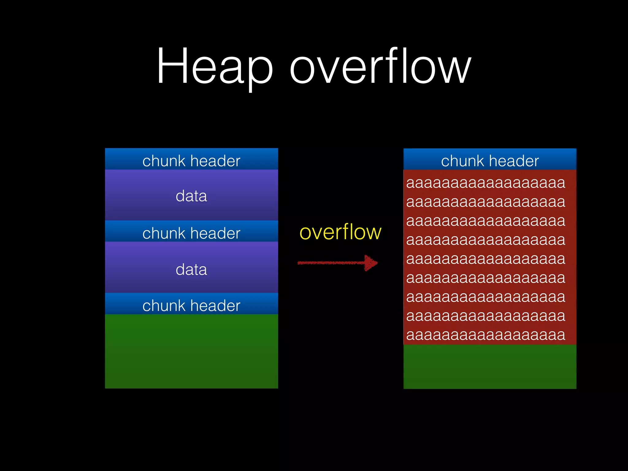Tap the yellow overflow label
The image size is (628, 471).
[x=340, y=232]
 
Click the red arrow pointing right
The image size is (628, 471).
[x=337, y=263]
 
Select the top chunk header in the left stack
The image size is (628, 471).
[x=191, y=161]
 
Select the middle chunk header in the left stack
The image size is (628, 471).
[x=191, y=233]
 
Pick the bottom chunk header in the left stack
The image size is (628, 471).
[x=191, y=305]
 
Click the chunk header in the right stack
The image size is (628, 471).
[x=490, y=161]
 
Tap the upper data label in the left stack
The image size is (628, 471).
[x=191, y=196]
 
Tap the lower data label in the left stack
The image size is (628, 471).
[x=191, y=269]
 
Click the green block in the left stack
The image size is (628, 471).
[x=191, y=351]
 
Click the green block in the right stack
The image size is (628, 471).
[x=490, y=366]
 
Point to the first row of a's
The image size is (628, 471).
[x=486, y=183]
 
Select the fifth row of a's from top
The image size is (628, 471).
[x=486, y=259]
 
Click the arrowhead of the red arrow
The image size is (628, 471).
[x=371, y=263]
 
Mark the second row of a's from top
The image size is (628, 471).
[x=486, y=202]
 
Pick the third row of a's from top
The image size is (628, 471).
[x=486, y=221]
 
